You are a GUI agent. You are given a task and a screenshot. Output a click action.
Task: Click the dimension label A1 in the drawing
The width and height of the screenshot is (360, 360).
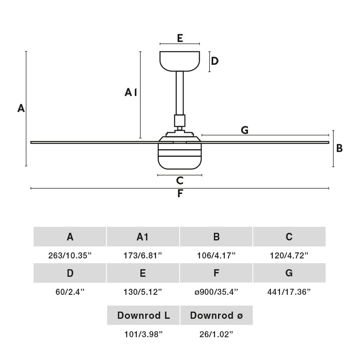tap(131, 93)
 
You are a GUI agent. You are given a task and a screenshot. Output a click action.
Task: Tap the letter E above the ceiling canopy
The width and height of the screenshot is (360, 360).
tap(180, 38)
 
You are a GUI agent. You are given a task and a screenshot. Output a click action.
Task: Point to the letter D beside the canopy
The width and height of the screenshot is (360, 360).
tap(215, 61)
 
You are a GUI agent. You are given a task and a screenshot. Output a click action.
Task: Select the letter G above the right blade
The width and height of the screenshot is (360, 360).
tap(244, 130)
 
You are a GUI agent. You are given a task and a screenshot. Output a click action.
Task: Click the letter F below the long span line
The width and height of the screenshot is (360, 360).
tap(180, 194)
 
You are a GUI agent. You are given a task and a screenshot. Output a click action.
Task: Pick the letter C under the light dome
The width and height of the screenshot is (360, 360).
tap(180, 181)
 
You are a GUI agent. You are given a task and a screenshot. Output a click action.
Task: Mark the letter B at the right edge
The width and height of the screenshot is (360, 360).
tap(339, 148)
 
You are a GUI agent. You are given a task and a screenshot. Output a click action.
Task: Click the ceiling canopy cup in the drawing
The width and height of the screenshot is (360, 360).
tap(180, 61)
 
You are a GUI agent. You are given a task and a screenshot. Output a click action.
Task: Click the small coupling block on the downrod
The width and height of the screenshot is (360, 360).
tap(180, 120)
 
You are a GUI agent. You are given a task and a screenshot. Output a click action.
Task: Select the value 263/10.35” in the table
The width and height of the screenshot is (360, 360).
tap(70, 255)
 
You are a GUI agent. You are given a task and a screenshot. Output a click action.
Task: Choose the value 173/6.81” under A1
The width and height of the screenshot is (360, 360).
tap(143, 255)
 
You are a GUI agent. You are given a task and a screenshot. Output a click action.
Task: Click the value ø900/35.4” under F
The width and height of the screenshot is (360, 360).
tap(216, 292)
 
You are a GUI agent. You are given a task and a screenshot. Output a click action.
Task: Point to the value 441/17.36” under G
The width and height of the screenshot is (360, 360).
tap(289, 292)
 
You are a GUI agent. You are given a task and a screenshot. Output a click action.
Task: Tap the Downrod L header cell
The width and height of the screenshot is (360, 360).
tap(143, 315)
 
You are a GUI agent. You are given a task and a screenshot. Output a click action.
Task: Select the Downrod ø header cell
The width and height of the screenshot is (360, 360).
tap(216, 315)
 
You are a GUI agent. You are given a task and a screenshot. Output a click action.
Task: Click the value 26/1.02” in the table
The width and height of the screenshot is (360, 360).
tap(216, 334)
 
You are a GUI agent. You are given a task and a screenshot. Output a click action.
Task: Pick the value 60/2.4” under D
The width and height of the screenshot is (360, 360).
tap(70, 292)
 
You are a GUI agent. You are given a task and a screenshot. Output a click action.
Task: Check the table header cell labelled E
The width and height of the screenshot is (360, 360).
tap(143, 273)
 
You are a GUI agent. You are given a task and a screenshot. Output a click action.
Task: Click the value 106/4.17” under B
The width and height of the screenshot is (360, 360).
tap(216, 255)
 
